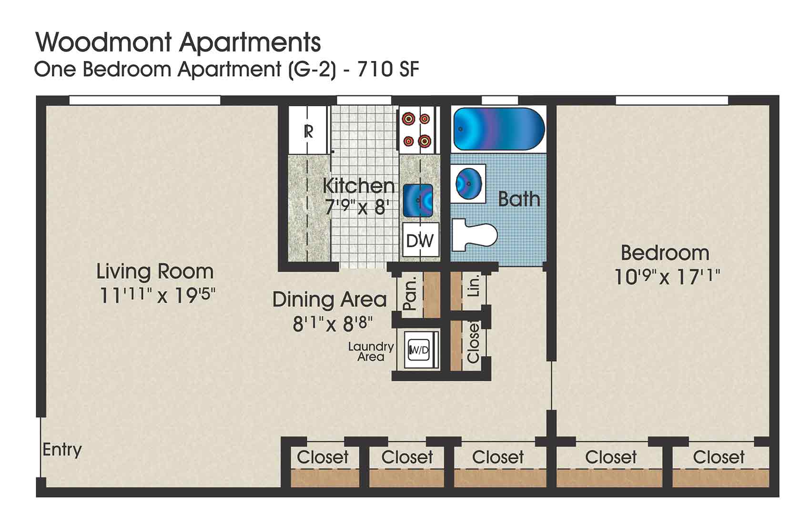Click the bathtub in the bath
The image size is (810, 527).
(x=498, y=130)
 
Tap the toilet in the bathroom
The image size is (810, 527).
(x=474, y=234)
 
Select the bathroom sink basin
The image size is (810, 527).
(x=468, y=183)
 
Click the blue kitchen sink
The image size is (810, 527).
(x=418, y=201)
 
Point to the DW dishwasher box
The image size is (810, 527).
(x=420, y=241)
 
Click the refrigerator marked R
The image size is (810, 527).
(x=308, y=131)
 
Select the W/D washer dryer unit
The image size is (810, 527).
(x=419, y=350)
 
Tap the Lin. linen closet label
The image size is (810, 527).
(x=474, y=286)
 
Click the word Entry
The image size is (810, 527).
(x=62, y=449)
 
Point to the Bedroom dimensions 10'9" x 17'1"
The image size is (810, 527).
(x=666, y=276)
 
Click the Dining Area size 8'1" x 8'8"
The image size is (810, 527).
(x=332, y=324)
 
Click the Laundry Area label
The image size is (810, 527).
(x=371, y=352)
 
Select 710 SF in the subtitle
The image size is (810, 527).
(x=388, y=70)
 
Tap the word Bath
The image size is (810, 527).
(x=519, y=199)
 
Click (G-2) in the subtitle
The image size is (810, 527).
(x=311, y=70)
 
